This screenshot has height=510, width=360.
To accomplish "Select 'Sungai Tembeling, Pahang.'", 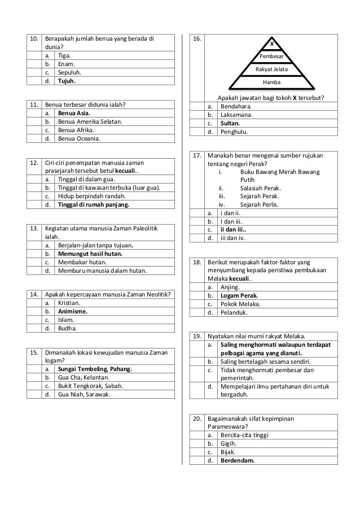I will pyautogui.click(x=95, y=369).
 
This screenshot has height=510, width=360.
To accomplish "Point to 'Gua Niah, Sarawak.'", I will pyautogui.click(x=84, y=394).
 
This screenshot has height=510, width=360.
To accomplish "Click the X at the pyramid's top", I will pyautogui.click(x=272, y=44).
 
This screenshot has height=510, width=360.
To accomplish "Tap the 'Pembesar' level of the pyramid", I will pyautogui.click(x=272, y=57).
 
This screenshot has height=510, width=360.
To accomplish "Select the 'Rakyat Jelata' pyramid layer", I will pyautogui.click(x=272, y=69).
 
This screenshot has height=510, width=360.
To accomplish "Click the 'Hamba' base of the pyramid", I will pyautogui.click(x=272, y=82).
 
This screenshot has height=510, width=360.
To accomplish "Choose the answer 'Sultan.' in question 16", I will pyautogui.click(x=232, y=123).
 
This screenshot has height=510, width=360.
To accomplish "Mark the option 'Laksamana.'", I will pyautogui.click(x=236, y=115).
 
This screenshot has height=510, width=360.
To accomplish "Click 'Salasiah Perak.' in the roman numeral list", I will pyautogui.click(x=260, y=188).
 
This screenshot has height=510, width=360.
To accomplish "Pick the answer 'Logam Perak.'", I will pyautogui.click(x=239, y=295).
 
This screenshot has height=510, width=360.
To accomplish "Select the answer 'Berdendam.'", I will pyautogui.click(x=237, y=460).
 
